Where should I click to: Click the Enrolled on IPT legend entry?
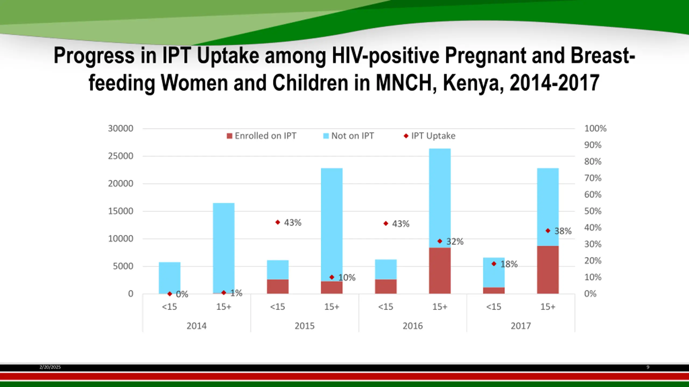click(x=261, y=136)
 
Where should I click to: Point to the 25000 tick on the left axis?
click(x=121, y=156)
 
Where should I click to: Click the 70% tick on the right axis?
click(x=593, y=178)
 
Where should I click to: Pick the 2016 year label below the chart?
click(x=413, y=326)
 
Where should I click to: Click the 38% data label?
click(x=563, y=231)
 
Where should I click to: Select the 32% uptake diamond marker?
click(x=440, y=241)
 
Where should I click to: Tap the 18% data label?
click(x=509, y=264)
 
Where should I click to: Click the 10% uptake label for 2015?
click(x=347, y=278)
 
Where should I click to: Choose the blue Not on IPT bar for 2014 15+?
click(x=224, y=247)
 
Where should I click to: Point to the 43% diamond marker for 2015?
click(x=278, y=222)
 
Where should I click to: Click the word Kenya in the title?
click(x=473, y=83)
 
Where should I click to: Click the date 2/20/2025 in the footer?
click(x=50, y=367)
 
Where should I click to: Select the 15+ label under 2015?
click(x=332, y=307)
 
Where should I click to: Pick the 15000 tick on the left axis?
click(x=121, y=211)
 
